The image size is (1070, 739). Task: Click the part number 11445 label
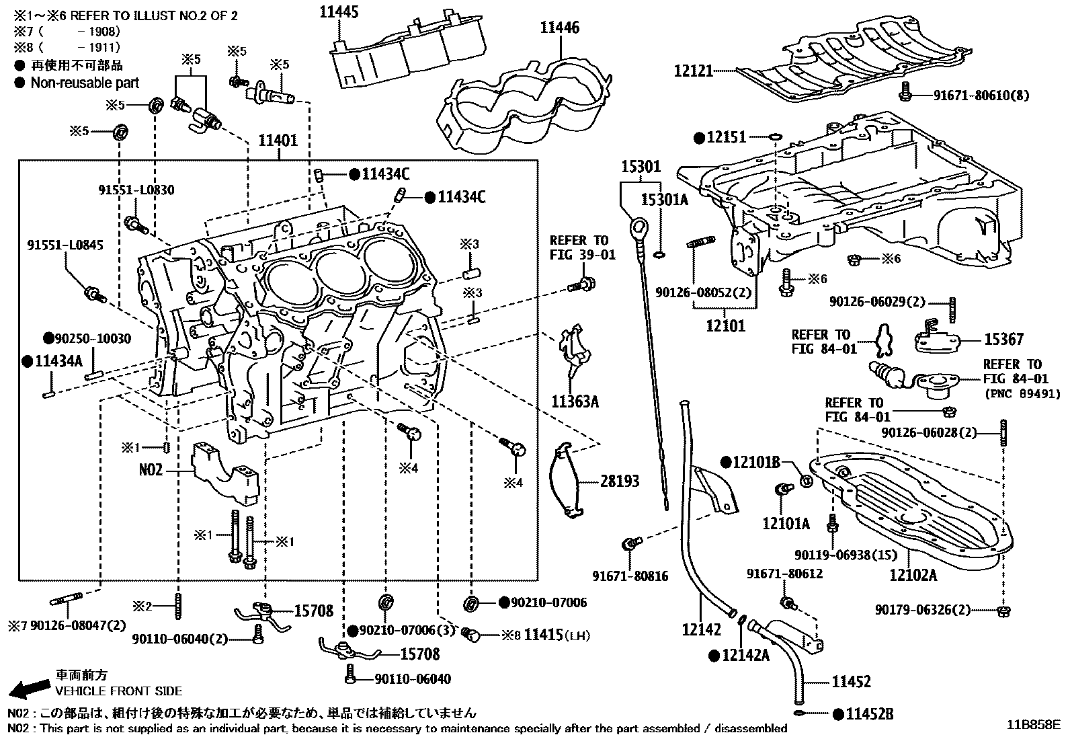click(339, 11)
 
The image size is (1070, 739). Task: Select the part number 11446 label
click(559, 28)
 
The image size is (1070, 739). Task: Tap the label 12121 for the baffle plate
click(693, 71)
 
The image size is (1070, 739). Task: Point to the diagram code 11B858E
click(1033, 725)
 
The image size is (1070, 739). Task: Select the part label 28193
click(620, 481)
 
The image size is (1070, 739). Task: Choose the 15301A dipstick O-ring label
click(665, 199)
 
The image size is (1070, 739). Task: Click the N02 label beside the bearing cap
click(151, 469)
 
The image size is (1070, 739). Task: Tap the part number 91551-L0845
click(65, 245)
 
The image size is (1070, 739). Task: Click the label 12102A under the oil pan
click(913, 575)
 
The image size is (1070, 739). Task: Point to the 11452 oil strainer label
click(851, 682)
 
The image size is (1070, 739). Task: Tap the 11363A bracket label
click(575, 402)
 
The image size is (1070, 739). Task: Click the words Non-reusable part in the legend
click(85, 83)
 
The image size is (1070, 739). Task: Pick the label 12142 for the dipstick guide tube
click(700, 629)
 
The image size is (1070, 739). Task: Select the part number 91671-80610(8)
click(981, 95)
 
